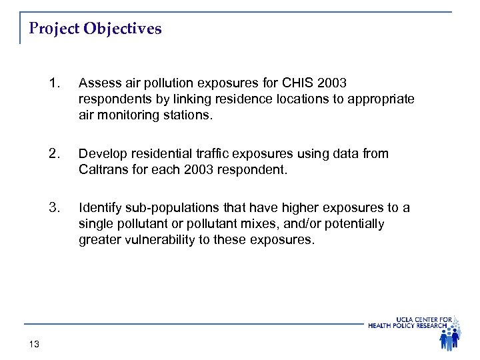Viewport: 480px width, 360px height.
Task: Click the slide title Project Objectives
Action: click(95, 30)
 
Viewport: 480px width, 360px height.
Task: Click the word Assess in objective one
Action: click(98, 83)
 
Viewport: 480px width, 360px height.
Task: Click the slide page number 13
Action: click(35, 343)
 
